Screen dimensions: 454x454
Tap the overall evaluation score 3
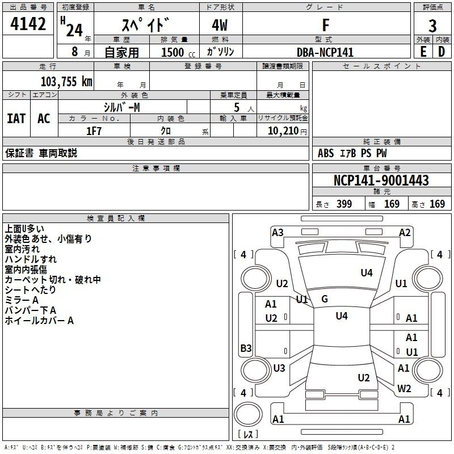[x=432, y=26]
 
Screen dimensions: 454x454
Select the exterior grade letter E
[x=423, y=51]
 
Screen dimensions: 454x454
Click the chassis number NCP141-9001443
[x=381, y=180]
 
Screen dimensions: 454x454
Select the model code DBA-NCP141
[x=325, y=52]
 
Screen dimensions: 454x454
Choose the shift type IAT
[x=16, y=119]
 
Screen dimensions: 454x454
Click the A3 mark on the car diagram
[x=278, y=232]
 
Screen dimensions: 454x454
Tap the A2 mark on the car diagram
[x=405, y=232]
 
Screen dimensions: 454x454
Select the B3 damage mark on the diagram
[x=246, y=348]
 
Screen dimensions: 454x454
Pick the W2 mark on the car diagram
[x=404, y=388]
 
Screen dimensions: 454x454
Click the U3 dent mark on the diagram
[x=279, y=368]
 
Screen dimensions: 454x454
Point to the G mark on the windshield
[x=325, y=299]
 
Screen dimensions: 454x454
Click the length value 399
[x=344, y=204]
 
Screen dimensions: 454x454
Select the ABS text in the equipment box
[x=326, y=153]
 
